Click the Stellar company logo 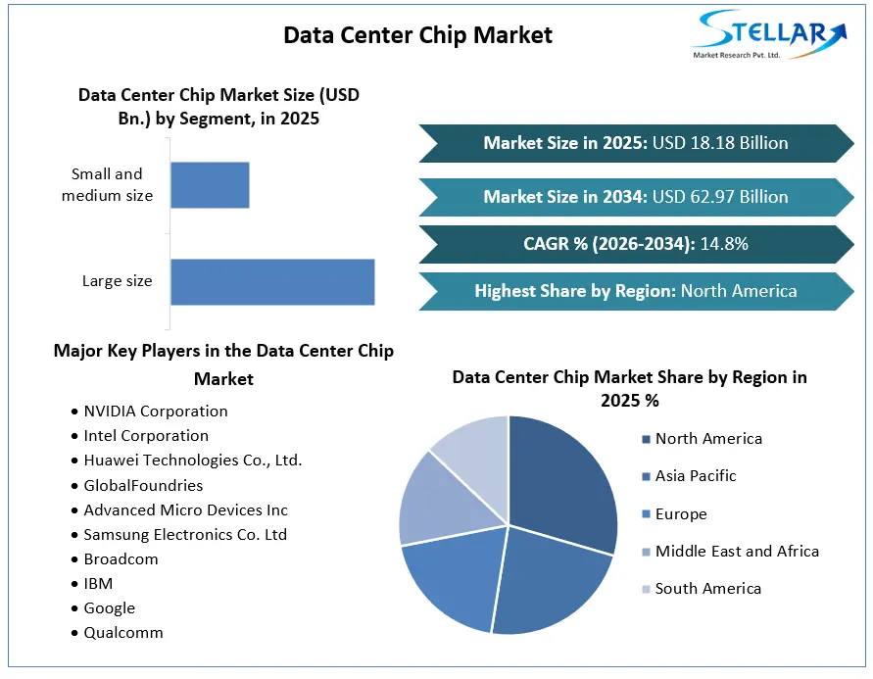coord(769,34)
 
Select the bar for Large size coord(272,281)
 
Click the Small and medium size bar coord(210,185)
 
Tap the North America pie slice coord(562,484)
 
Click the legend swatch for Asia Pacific coord(646,476)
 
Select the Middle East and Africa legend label coord(737,551)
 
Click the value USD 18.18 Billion coord(720,143)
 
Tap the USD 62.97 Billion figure coord(720,197)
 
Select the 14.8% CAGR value coord(724,244)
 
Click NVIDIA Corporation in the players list coord(156,412)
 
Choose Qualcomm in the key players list coord(123,633)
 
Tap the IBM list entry coord(99,584)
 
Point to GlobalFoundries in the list coord(144,486)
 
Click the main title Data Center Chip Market coord(418,35)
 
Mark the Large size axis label coord(118,281)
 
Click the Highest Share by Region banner coord(636,291)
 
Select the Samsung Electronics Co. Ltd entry coord(185,535)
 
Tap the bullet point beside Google coord(74,608)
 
